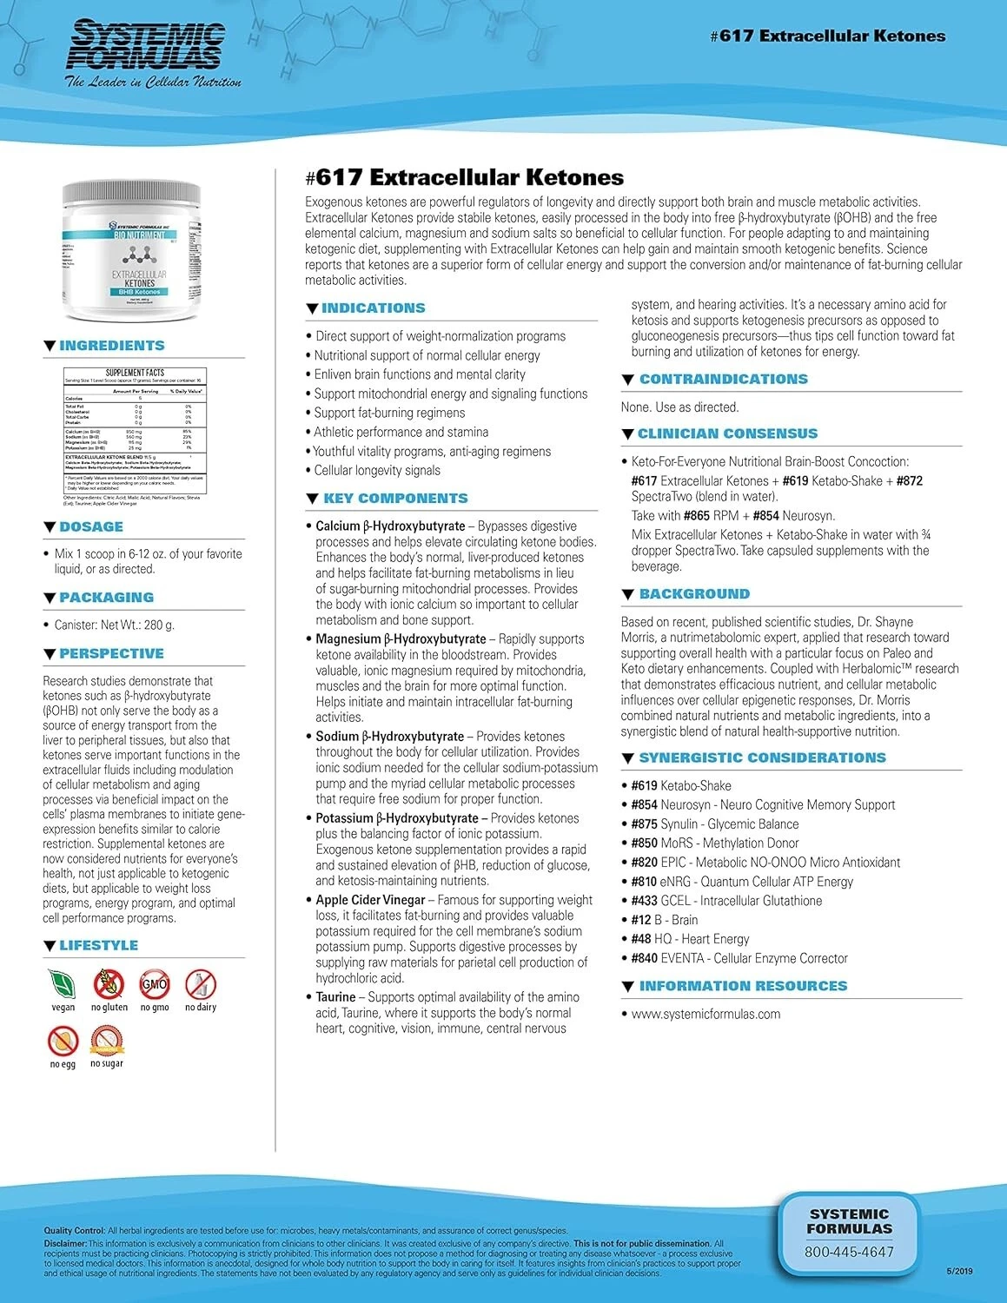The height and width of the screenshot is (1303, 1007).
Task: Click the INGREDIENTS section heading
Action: [x=111, y=346]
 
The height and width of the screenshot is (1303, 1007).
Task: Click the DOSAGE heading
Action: [x=90, y=526]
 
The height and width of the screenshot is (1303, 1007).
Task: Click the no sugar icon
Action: [x=108, y=1040]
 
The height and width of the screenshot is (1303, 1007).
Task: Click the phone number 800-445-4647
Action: [x=849, y=1252]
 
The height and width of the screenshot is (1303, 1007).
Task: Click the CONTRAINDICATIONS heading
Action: [x=723, y=379]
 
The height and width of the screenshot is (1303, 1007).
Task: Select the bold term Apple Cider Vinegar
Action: [x=370, y=900]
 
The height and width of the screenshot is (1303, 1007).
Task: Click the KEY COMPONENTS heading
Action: [x=394, y=498]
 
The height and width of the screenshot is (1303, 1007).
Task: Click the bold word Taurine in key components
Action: [x=335, y=997]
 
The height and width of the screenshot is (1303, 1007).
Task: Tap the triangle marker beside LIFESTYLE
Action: [x=50, y=945]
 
